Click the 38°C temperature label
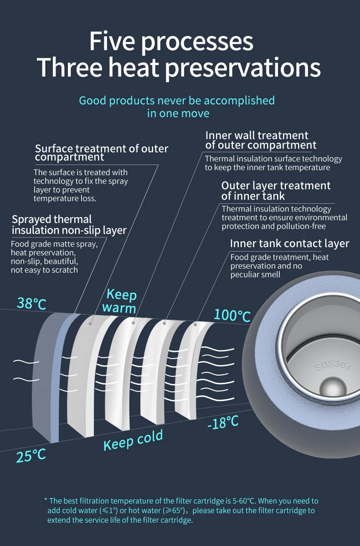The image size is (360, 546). click(x=31, y=303)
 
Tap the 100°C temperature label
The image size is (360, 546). click(x=232, y=314)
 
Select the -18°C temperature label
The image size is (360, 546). click(x=223, y=423)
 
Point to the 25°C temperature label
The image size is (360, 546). click(x=31, y=455)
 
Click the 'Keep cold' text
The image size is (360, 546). click(x=133, y=440)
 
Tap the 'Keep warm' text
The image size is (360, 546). click(x=121, y=301)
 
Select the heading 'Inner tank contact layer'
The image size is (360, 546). click(x=289, y=243)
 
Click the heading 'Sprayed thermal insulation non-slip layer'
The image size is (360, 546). click(x=69, y=225)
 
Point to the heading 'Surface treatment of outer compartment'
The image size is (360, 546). click(x=101, y=153)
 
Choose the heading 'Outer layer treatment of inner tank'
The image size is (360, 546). click(x=276, y=191)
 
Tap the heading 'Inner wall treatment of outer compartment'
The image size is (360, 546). click(x=260, y=140)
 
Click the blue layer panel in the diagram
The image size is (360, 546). click(x=58, y=378)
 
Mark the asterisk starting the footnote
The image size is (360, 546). click(x=46, y=500)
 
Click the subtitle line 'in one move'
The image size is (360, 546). click(x=178, y=113)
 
